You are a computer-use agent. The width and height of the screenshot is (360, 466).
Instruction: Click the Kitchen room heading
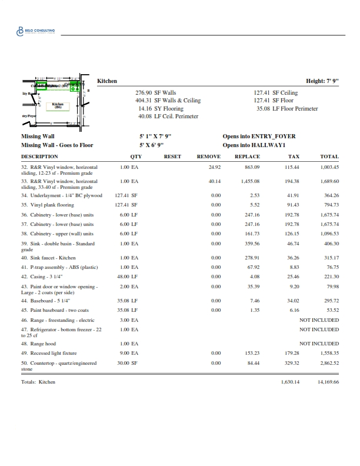pos(107,81)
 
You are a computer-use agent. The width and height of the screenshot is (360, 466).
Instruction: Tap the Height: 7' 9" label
pos(322,81)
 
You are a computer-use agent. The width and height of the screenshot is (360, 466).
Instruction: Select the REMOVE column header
pos(208,157)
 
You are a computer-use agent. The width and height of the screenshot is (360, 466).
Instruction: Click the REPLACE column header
pos(247,157)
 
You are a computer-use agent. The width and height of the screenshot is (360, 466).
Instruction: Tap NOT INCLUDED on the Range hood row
pos(319,343)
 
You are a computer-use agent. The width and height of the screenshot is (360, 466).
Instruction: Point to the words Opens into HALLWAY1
pos(254,145)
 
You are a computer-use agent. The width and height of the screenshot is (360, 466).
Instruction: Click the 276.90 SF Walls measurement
pos(156,93)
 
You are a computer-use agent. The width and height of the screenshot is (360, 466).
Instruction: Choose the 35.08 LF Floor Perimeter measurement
pos(287,108)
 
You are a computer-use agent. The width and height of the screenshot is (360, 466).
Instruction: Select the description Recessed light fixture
pos(53,353)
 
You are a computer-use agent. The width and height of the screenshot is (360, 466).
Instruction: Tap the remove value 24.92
pos(214,167)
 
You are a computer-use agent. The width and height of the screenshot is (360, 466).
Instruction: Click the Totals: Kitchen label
pos(38,382)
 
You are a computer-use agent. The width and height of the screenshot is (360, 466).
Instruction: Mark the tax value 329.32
pos(292,363)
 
